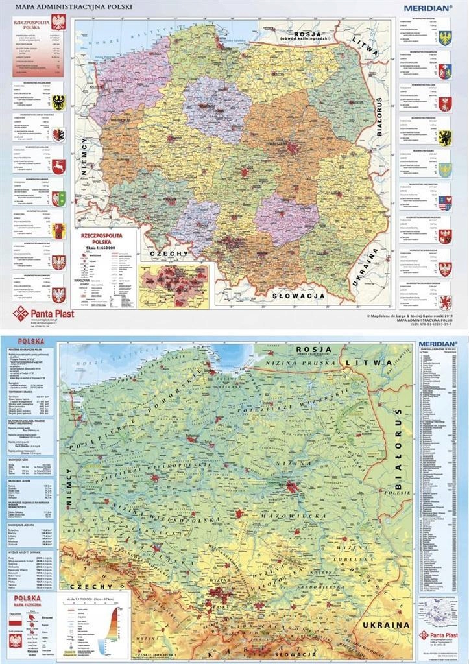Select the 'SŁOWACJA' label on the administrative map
click(x=298, y=295)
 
